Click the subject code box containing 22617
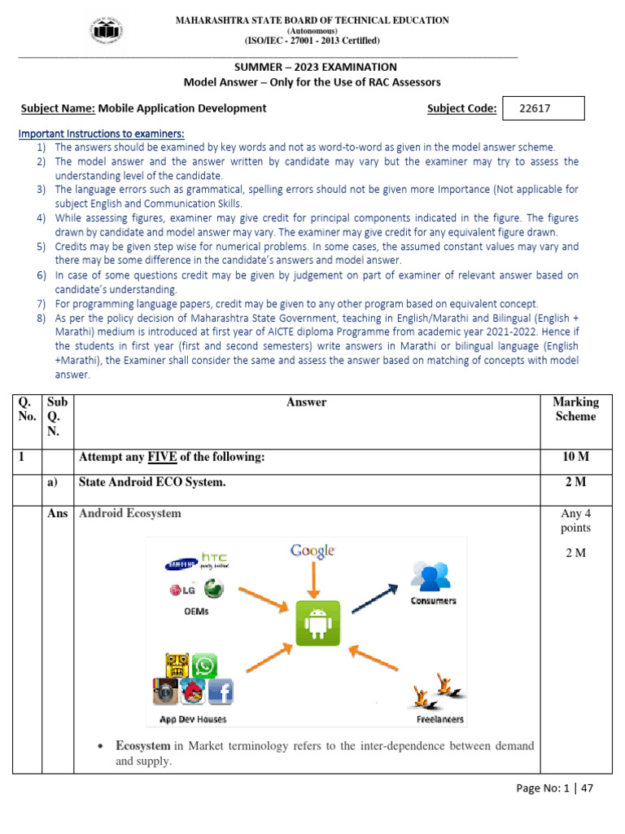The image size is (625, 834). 544,108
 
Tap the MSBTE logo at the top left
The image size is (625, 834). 107,31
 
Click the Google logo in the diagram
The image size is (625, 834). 312,552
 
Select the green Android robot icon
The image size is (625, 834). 317,624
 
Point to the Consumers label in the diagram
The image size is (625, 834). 433,601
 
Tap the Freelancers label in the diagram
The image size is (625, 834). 440,718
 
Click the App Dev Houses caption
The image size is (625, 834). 193,718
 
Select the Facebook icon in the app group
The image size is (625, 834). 221,691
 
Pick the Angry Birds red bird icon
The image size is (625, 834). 193,692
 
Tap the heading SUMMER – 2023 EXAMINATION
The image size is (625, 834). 312,67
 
